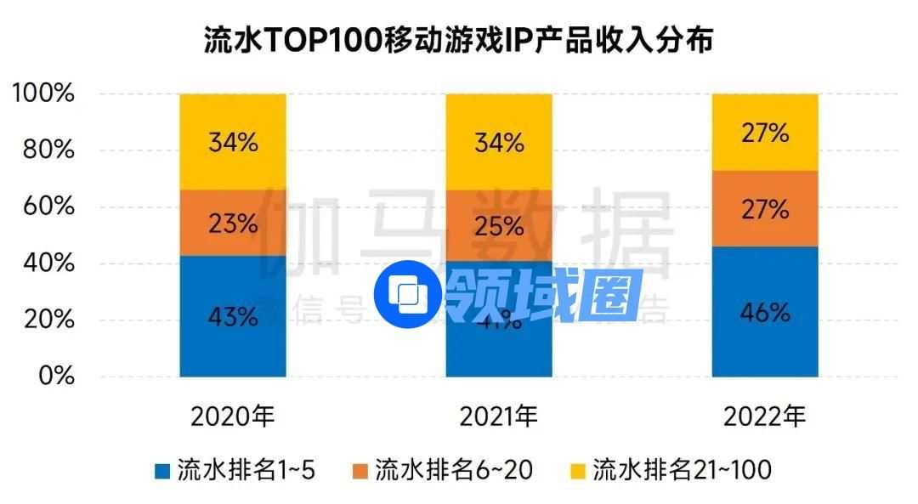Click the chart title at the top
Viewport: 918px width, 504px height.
458,40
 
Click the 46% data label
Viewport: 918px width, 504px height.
765,313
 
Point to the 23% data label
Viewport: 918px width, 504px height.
232,224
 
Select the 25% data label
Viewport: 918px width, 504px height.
499,226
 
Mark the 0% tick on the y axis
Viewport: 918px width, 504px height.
58,377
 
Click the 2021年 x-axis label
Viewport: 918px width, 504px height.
499,416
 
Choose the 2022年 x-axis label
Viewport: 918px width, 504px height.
765,416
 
